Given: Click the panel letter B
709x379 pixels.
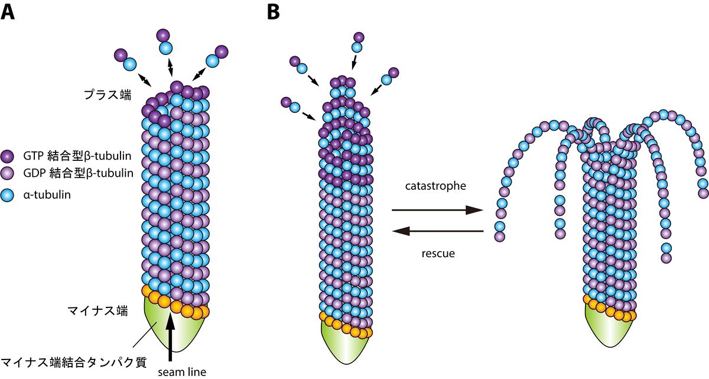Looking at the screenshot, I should [x=273, y=11].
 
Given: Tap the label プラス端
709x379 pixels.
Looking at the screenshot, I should [x=106, y=94].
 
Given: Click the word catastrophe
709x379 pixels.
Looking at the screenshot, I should [x=436, y=186].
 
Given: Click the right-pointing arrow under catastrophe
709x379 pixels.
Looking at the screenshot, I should [x=437, y=210].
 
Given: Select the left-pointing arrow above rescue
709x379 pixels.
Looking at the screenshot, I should [x=437, y=232].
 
